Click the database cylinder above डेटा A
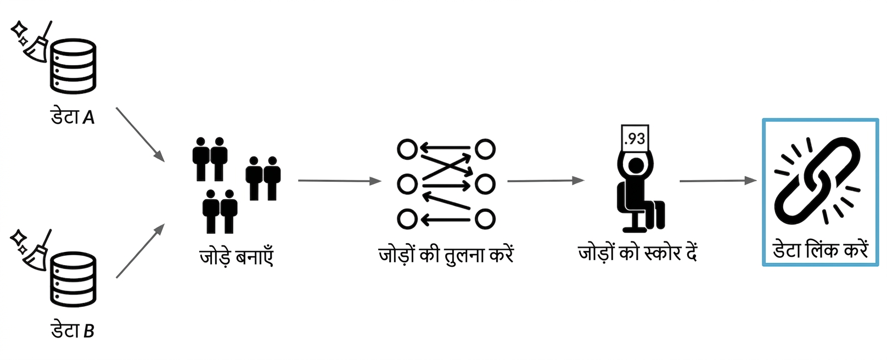click(x=73, y=66)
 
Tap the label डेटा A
click(x=73, y=117)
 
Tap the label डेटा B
click(x=73, y=330)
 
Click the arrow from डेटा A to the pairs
click(x=140, y=134)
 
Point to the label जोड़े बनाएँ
click(x=237, y=257)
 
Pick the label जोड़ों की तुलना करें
click(x=446, y=254)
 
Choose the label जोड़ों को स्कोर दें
click(x=638, y=252)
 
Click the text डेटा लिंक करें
click(x=821, y=250)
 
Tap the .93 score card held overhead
click(x=635, y=138)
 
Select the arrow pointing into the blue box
click(x=718, y=181)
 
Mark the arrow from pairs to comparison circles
click(x=340, y=181)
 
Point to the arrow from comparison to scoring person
click(x=546, y=181)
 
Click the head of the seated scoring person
click(x=636, y=165)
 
